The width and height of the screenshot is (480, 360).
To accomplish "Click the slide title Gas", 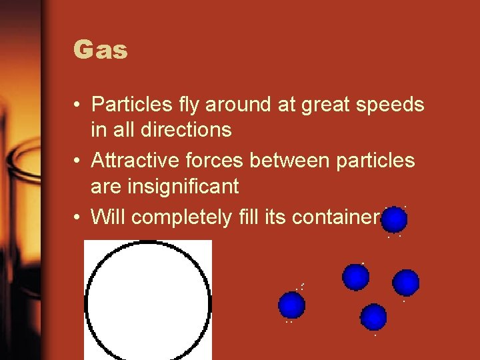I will click(101, 51).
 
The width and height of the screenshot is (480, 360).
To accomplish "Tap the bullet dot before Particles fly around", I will click(79, 105).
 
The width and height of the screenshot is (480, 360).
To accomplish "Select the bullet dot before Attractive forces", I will click(79, 161).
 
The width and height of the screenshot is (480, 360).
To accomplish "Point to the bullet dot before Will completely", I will click(79, 217).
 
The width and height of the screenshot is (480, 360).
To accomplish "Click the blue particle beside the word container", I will click(395, 219).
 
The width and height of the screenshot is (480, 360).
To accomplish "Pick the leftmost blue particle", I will click(291, 305).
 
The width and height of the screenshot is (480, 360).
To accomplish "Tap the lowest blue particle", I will click(373, 317).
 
